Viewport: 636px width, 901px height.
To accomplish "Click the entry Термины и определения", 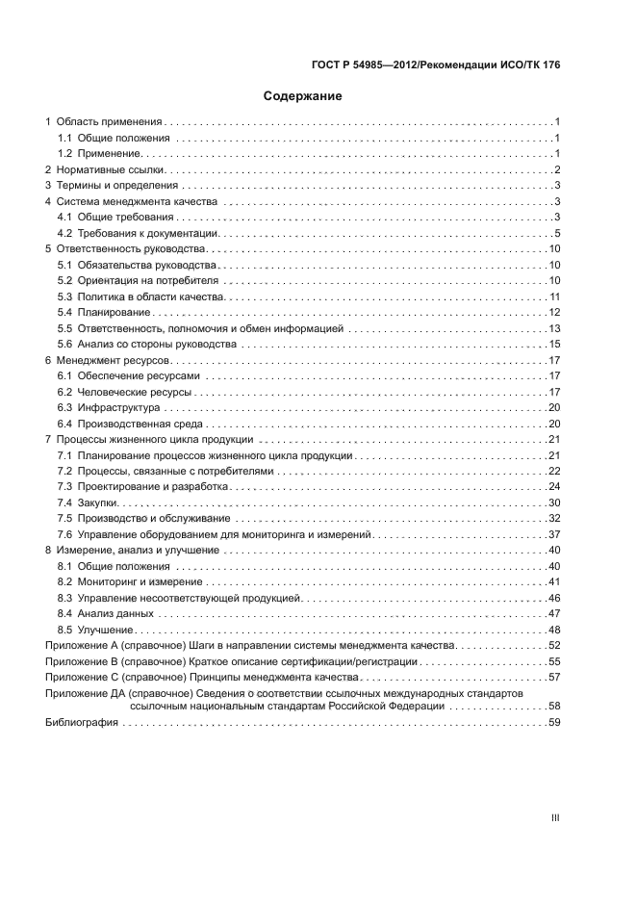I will (112, 186).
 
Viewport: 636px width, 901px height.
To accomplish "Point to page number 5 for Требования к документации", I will (557, 233).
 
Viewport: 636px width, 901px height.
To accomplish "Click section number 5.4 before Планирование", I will (64, 312).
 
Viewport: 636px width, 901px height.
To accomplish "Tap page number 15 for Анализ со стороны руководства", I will (554, 344).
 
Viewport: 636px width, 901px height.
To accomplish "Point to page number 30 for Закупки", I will (554, 502).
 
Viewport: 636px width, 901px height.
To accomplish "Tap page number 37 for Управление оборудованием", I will (554, 534).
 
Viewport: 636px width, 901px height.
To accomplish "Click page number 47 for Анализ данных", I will (554, 613).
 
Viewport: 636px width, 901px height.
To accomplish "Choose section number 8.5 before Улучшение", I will (64, 629).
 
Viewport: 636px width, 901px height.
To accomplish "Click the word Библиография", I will (82, 723).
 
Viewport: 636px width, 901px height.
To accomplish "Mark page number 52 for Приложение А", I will (554, 645).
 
